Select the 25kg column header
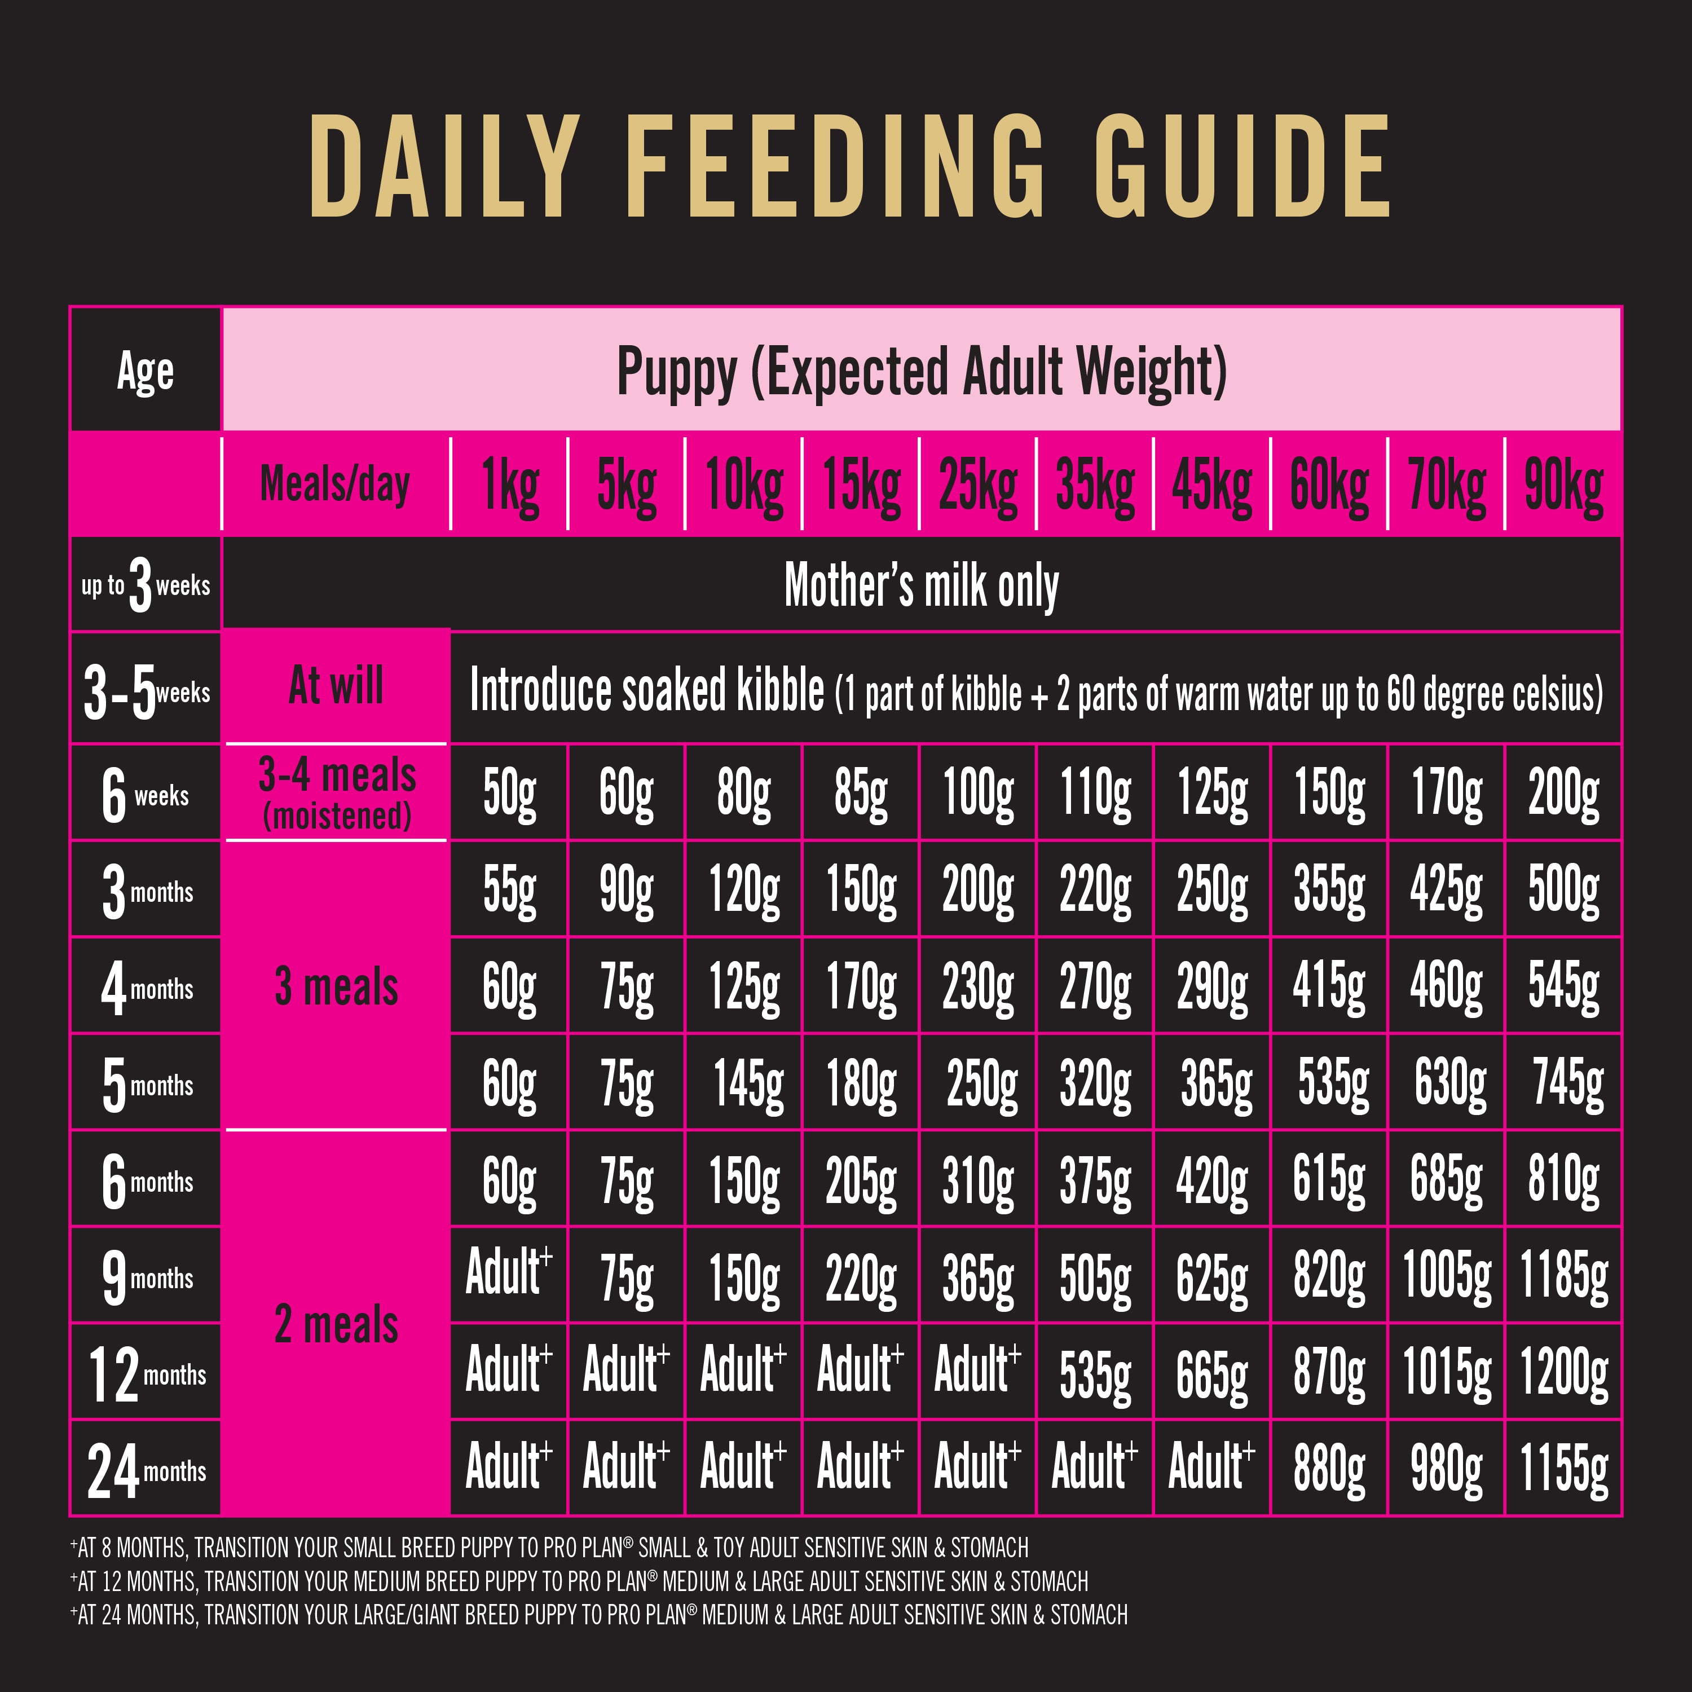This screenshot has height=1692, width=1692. (x=977, y=485)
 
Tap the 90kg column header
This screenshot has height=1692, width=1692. (x=1563, y=485)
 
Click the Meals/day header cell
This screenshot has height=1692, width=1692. (x=336, y=484)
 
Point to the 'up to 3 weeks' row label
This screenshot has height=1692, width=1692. (x=146, y=585)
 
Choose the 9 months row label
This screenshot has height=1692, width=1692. (x=146, y=1277)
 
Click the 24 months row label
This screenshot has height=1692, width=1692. (x=146, y=1470)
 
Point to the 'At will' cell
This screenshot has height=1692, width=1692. (x=336, y=686)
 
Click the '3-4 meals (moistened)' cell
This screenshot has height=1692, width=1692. (x=336, y=792)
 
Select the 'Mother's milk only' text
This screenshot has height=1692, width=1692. (x=922, y=585)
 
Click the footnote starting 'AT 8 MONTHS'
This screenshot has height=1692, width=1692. (x=549, y=1548)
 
